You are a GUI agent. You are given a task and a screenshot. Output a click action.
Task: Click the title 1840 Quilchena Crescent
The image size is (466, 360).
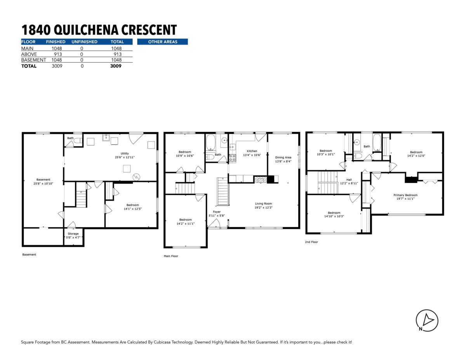pyautogui.click(x=99, y=30)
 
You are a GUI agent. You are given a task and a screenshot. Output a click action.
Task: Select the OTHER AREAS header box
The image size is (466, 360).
pyautogui.click(x=162, y=42)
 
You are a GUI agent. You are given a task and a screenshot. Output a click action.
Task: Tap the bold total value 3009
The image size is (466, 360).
pyautogui.click(x=115, y=66)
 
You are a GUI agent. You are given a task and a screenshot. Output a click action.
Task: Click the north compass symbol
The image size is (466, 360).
pyautogui.click(x=427, y=320)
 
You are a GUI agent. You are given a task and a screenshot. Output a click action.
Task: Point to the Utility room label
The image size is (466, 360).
pyautogui.click(x=125, y=155)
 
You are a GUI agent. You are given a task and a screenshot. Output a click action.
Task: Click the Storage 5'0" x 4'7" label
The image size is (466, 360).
pyautogui.click(x=73, y=236)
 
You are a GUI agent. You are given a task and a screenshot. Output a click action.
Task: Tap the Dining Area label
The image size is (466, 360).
pyautogui.click(x=283, y=159)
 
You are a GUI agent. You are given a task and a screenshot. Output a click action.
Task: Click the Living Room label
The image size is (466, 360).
pyautogui.click(x=263, y=205)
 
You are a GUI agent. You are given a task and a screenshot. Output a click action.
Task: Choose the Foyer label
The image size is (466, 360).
pyautogui.click(x=216, y=214)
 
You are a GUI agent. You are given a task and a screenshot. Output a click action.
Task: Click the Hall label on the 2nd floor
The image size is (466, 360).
pyautogui.click(x=349, y=181)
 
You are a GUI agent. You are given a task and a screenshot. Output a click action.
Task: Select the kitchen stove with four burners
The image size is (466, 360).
pyautogui.click(x=232, y=158)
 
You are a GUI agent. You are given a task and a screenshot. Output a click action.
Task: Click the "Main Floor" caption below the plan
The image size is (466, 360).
pyautogui.click(x=171, y=256)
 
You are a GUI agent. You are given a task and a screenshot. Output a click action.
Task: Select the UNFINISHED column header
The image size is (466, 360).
pyautogui.click(x=84, y=42)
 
